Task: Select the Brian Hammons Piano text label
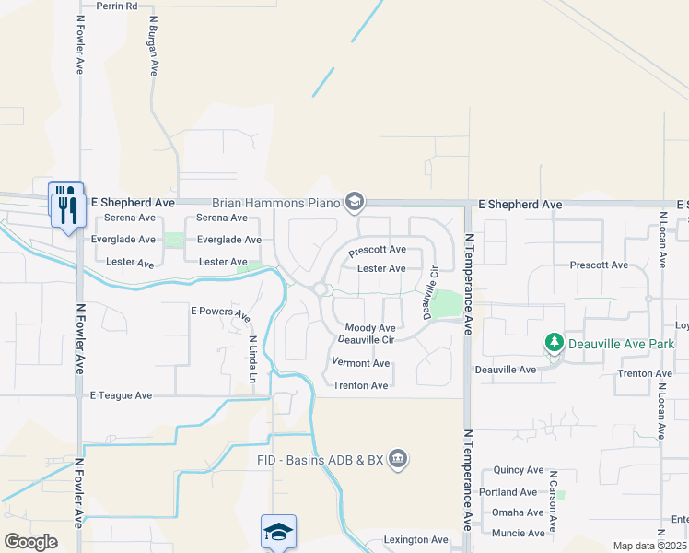(275, 202)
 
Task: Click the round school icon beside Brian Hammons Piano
(354, 202)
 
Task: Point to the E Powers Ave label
(220, 312)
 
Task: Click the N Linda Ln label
(251, 358)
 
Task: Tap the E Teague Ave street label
(121, 395)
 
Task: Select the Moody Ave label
(370, 327)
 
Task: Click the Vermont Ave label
(361, 363)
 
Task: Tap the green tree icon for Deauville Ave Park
(554, 344)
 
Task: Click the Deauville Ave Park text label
(621, 345)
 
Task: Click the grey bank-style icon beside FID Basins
(398, 458)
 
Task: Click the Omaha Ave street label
(518, 512)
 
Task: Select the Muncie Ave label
(518, 533)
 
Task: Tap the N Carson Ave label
(554, 501)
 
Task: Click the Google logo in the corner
(30, 541)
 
